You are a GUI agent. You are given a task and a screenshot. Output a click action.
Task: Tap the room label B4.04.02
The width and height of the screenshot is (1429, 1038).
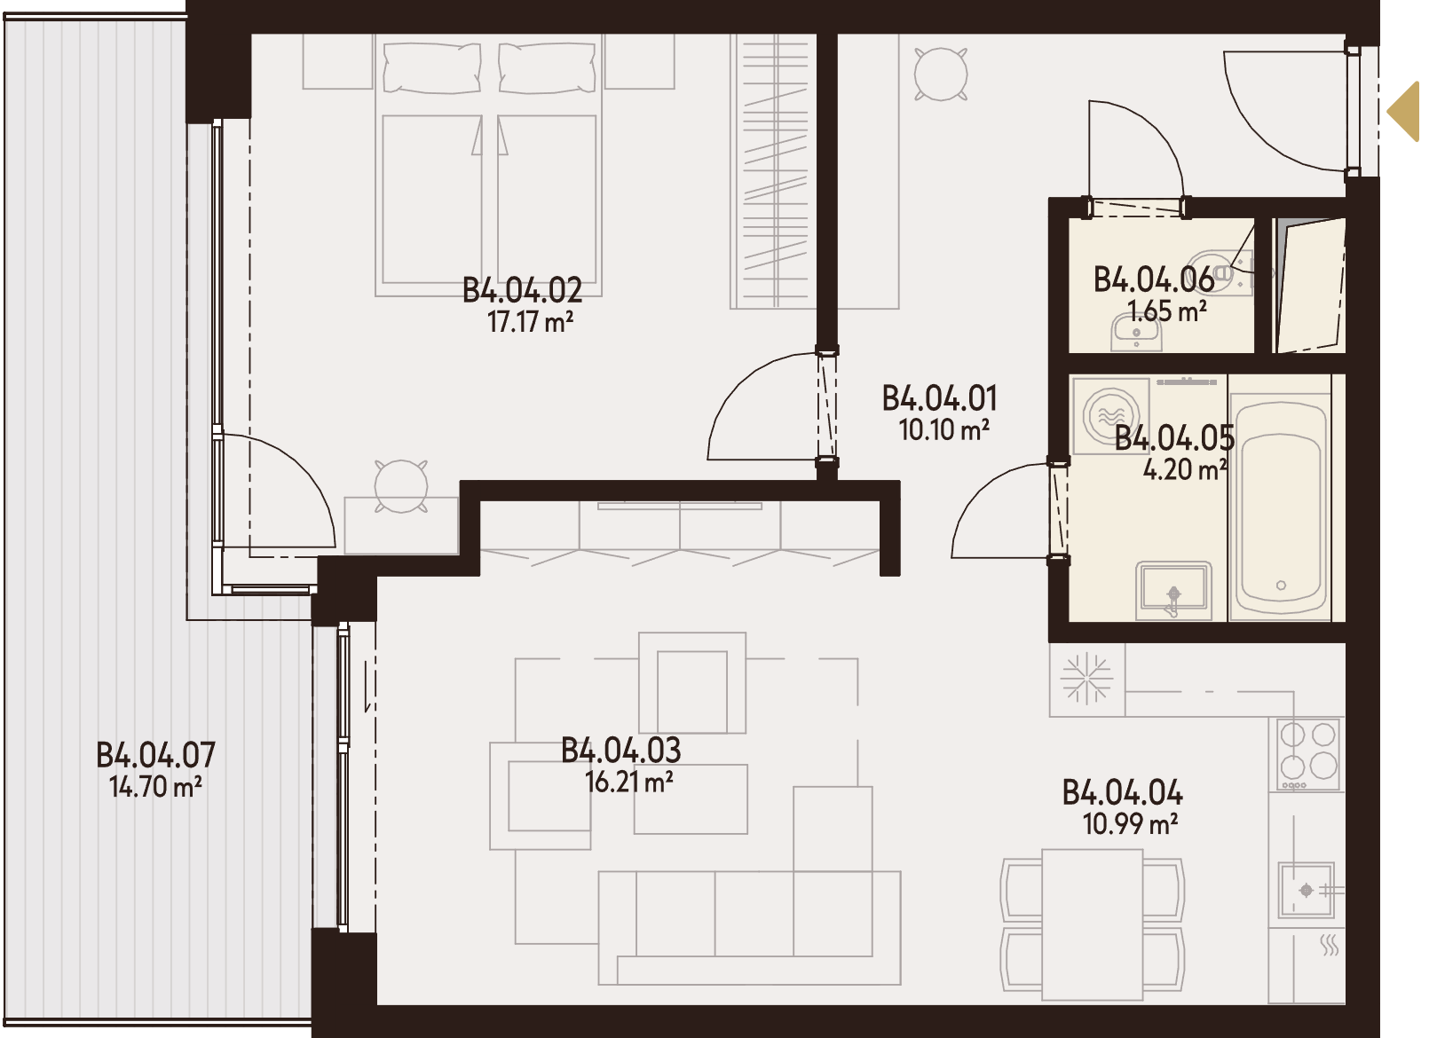pos(523,291)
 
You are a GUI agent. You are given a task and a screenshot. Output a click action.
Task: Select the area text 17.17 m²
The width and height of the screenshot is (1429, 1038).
pos(530,322)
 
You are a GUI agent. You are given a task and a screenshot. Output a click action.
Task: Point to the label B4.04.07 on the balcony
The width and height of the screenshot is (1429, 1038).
pos(155,755)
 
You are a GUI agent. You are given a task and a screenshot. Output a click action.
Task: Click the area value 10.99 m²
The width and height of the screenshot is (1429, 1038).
pos(1130,824)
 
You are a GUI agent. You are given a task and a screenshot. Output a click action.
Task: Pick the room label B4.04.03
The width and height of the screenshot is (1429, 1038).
pos(621,751)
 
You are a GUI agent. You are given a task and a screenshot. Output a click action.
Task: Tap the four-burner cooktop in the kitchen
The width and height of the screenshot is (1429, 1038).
pos(1307,754)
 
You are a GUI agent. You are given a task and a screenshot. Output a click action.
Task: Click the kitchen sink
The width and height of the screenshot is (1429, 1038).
pos(1306,890)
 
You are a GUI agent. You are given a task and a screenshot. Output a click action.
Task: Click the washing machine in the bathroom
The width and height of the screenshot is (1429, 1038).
pos(1110,416)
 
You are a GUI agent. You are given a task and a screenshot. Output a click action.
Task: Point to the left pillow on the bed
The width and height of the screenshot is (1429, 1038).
pos(432,67)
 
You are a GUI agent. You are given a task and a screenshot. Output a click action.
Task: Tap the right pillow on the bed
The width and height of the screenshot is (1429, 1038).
pos(549,67)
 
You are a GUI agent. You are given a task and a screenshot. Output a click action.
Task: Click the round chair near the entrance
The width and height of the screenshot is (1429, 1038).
pos(940,74)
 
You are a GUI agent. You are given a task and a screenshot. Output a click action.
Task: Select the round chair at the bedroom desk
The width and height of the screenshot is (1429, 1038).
pos(400,486)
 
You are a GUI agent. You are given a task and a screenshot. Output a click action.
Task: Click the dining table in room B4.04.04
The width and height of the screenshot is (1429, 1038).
pos(1092,924)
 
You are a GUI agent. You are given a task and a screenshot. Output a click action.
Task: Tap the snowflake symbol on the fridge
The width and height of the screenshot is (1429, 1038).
pos(1086,679)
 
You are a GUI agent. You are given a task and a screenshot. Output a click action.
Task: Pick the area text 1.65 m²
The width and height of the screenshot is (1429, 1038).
pos(1167,311)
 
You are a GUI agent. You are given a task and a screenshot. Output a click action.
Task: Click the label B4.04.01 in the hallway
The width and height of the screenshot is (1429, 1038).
pos(939,398)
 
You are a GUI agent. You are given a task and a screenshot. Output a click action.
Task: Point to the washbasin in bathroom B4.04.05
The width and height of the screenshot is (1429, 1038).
pos(1173,591)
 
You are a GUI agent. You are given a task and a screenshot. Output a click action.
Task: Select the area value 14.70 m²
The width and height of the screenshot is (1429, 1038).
pos(155,787)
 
